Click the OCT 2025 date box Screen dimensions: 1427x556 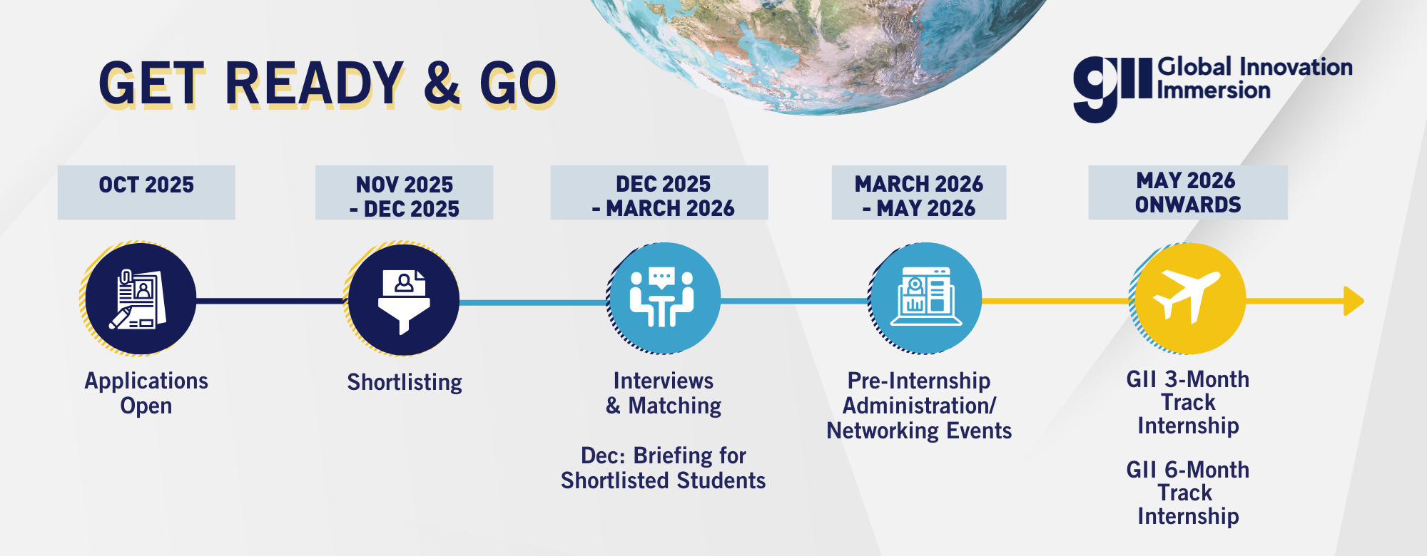coord(146,192)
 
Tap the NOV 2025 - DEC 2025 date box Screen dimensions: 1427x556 coord(404,192)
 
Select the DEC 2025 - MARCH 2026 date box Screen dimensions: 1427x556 coord(659,192)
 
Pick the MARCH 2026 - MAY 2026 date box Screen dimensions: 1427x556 coord(919,192)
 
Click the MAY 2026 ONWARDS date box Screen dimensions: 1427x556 coord(1188,192)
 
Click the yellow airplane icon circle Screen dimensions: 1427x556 coord(1189,299)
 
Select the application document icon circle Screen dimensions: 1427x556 coord(140,299)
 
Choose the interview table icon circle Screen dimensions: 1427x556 coord(664,298)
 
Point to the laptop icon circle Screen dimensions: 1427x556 coord(925,298)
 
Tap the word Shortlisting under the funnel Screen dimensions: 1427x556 coord(405,383)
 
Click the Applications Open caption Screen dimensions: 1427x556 coord(146,393)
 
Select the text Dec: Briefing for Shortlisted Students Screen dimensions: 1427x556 coord(664,468)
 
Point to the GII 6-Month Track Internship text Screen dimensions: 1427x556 coord(1188,493)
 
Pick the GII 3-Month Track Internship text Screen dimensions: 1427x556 coord(1188,402)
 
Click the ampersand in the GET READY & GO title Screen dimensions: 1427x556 coord(442,83)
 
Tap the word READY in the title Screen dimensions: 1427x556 coord(315,83)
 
